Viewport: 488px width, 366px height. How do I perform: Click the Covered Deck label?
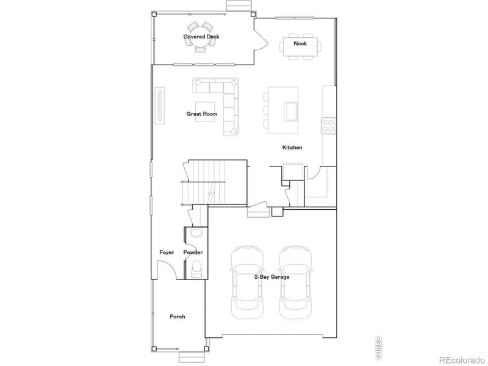[x=201, y=37]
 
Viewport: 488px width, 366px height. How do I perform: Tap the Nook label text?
[x=300, y=44]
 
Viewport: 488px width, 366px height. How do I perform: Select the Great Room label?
[x=201, y=114]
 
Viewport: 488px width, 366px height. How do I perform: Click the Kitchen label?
[x=292, y=148]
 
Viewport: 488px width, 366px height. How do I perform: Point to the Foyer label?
[x=167, y=253]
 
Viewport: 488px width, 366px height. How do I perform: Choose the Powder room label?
[x=193, y=253]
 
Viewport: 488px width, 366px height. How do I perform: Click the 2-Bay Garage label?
[x=272, y=277]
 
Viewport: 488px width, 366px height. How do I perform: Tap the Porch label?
[x=178, y=317]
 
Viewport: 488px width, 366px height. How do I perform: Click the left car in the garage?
[x=248, y=282]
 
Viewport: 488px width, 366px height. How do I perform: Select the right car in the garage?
[x=295, y=282]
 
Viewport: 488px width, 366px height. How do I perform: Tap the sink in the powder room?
[x=196, y=234]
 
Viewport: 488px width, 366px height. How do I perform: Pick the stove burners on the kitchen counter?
[x=328, y=126]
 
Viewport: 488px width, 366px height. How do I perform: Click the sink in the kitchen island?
[x=292, y=112]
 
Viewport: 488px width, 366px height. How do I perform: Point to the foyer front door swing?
[x=165, y=268]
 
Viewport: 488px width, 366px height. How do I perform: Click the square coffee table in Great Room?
[x=204, y=111]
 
